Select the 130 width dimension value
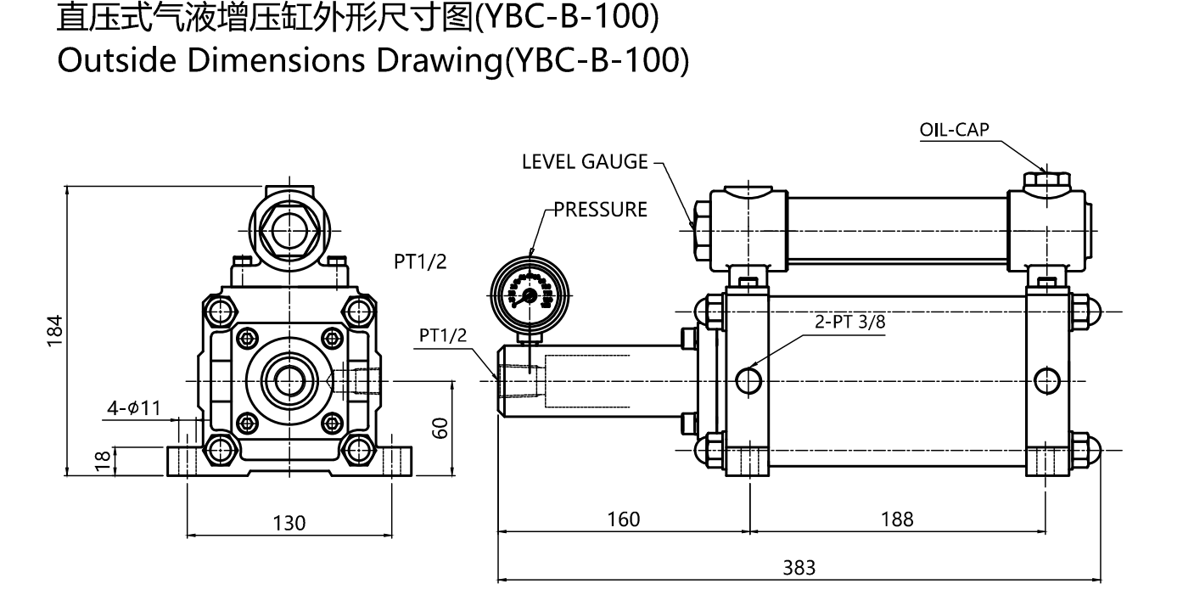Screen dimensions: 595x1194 tap(289, 522)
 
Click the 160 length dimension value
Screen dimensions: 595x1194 tap(624, 519)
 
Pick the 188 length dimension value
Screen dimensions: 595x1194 tap(897, 519)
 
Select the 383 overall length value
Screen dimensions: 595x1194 tap(799, 567)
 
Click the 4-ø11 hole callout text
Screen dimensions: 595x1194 tap(133, 407)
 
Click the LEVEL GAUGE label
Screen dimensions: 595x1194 tap(585, 162)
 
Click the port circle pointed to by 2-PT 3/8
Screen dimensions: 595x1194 tap(748, 381)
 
